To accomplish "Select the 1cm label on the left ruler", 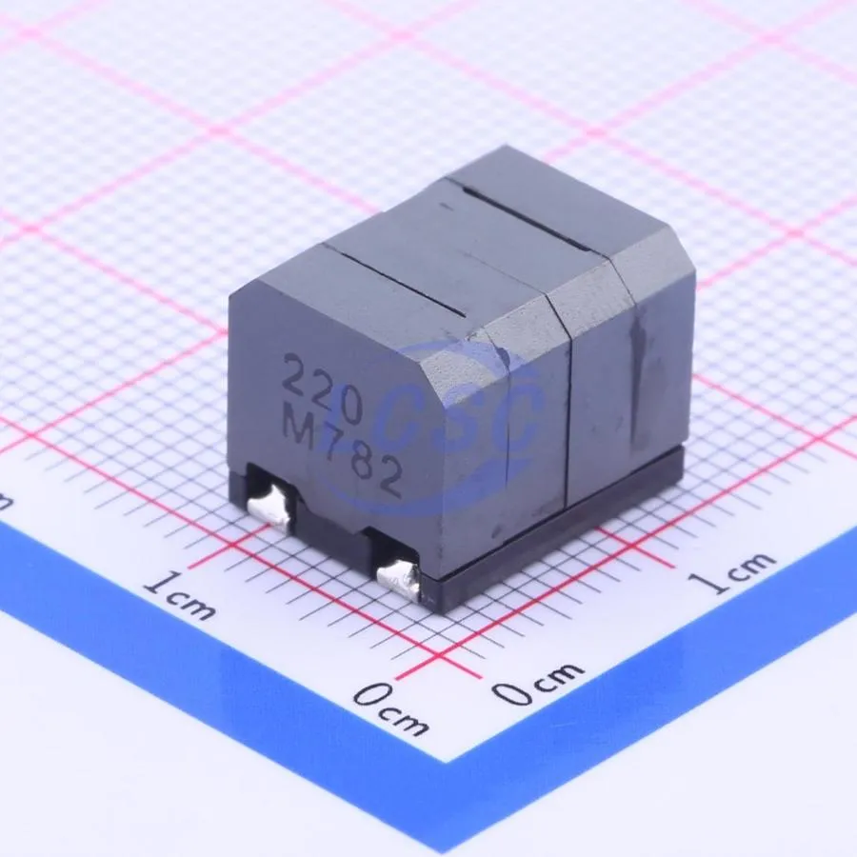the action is [x=179, y=596].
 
